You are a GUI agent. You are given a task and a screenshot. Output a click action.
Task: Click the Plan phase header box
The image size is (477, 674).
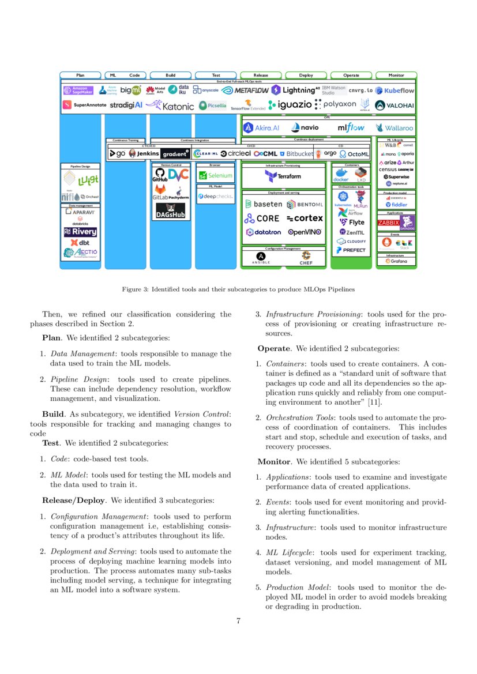(81, 75)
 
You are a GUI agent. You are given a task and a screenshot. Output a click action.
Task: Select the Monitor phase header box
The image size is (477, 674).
(396, 75)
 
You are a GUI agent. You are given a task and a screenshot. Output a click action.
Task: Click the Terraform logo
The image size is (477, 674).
(283, 176)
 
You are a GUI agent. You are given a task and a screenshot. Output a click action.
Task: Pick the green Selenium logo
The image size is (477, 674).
(215, 175)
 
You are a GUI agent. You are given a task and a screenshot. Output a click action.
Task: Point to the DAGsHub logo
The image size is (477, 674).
(170, 214)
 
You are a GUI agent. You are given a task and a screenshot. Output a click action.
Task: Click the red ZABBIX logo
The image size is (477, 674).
(388, 223)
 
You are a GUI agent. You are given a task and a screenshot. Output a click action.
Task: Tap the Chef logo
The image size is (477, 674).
(306, 258)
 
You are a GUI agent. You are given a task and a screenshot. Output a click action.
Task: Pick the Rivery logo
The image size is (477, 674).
(80, 232)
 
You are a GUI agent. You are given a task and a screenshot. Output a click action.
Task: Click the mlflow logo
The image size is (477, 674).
(351, 127)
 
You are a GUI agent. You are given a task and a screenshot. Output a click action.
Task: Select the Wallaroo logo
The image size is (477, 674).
(395, 128)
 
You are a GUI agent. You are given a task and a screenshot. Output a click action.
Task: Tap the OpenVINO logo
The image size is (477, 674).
(304, 232)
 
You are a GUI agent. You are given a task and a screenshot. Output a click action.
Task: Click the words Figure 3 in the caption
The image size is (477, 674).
(135, 289)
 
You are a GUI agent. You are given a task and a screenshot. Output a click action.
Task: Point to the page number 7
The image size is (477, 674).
(238, 621)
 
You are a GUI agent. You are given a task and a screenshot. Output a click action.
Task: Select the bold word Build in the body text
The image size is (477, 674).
(52, 414)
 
